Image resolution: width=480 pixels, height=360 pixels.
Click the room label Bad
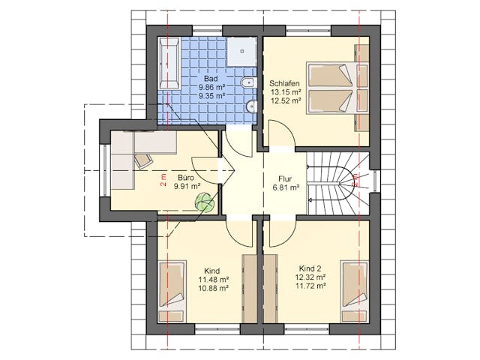211,79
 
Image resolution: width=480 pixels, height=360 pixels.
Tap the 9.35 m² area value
212,96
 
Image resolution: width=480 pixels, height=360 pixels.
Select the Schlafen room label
284,83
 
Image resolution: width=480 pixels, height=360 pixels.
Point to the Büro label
186,178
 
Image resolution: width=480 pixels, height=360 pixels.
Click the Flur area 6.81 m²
286,187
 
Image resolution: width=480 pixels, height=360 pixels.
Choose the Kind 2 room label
310,268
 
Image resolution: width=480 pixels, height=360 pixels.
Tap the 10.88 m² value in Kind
214,288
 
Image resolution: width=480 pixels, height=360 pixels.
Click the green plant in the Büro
204,202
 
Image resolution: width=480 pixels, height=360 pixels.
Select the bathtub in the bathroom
169,63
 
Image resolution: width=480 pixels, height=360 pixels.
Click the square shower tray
241,52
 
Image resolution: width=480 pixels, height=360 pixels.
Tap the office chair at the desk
143,160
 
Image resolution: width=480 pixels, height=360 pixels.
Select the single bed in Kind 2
355,292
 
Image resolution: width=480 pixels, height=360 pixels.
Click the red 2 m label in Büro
163,180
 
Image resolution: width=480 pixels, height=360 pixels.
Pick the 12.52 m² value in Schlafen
286,100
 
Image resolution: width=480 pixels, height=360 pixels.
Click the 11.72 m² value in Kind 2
310,286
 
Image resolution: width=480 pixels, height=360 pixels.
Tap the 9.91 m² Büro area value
187,186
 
